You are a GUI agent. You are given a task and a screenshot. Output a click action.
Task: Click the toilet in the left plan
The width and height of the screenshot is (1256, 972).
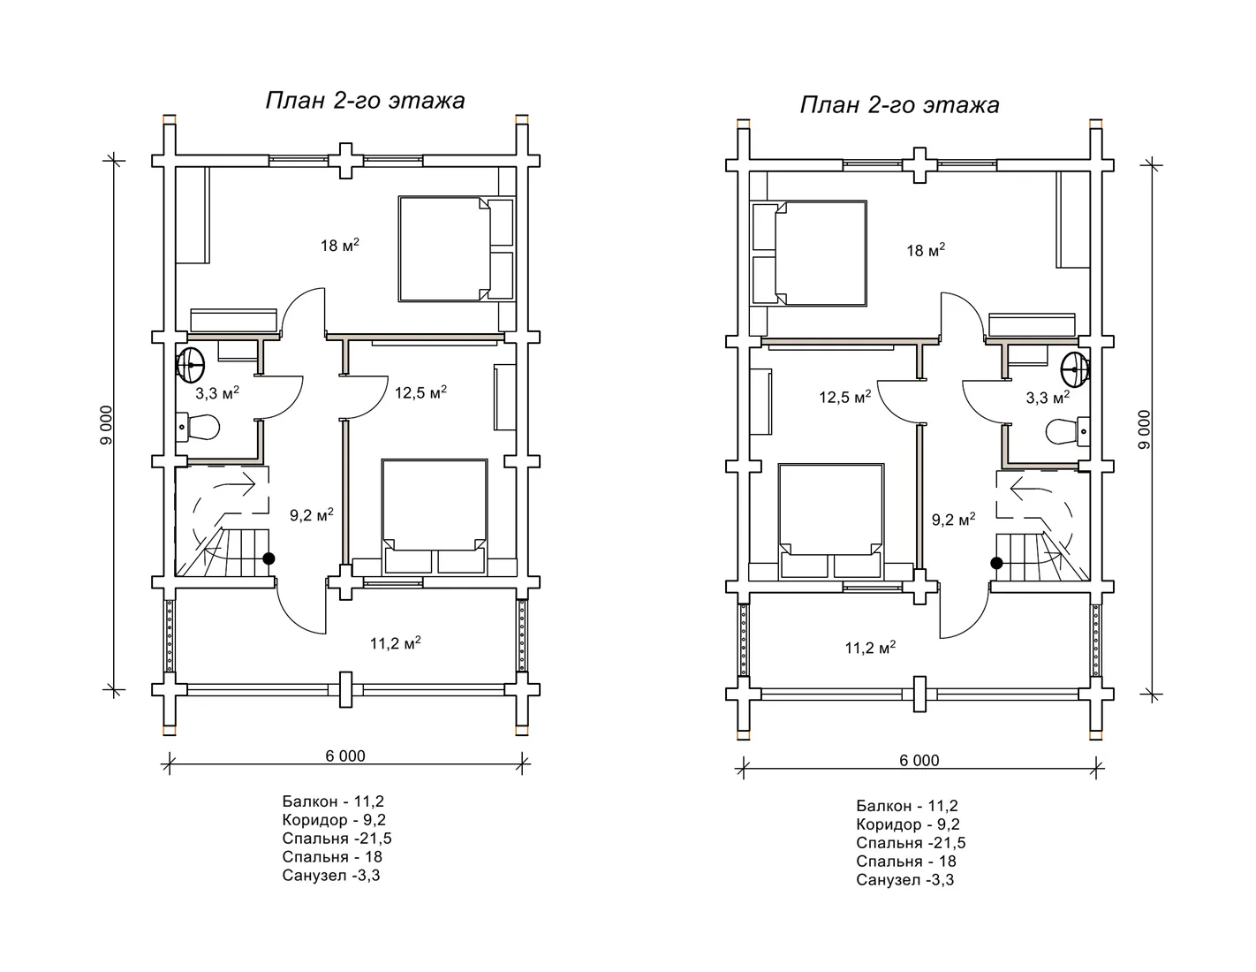pos(198,428)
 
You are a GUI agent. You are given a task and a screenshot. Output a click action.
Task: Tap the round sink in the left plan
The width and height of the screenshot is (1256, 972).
pos(190,366)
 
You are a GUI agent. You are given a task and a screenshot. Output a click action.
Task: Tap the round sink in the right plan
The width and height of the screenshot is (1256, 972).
pos(1076,369)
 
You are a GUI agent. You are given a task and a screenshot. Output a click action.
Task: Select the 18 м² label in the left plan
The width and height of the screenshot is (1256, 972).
pos(340,245)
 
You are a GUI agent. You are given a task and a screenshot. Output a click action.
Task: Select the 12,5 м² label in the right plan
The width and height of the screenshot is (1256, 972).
pos(844,397)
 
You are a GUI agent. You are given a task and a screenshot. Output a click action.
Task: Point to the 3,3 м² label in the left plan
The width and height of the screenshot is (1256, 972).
pos(216,393)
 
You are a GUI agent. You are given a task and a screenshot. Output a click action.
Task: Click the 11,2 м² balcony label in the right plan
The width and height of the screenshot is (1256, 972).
pos(870,647)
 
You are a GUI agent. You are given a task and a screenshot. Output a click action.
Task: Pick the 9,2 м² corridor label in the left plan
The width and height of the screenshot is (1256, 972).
pos(312,514)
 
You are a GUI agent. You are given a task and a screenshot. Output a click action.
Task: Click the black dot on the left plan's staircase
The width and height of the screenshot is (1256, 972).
pos(269,558)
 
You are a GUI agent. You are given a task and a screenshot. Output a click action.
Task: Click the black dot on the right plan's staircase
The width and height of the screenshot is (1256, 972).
pos(996,563)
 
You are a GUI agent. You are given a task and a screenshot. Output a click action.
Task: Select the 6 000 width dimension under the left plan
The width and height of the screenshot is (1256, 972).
pos(345,756)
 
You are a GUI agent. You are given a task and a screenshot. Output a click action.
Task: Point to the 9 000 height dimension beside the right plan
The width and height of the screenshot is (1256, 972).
pos(1144,429)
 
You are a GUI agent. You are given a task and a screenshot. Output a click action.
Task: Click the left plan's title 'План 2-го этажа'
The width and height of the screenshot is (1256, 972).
pos(366,101)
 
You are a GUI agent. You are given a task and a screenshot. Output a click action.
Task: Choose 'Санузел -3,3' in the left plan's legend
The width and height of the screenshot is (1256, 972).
pos(331,876)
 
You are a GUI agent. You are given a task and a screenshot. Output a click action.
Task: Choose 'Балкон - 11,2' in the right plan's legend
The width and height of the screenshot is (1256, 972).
pos(907,806)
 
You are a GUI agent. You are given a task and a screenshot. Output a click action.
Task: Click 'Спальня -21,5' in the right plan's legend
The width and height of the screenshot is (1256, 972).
pos(911,842)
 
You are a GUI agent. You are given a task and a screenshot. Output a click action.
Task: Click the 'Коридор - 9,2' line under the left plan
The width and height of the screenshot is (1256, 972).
pos(334,820)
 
